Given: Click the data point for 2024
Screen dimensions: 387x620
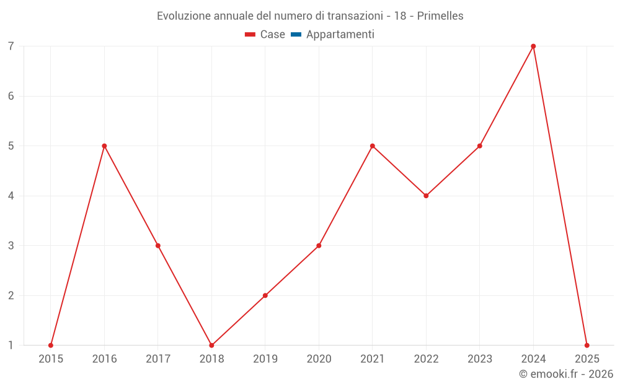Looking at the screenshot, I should [x=533, y=46].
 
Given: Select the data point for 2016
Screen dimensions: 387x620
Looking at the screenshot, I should [x=104, y=146].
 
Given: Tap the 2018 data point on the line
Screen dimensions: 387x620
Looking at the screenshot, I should [x=211, y=345].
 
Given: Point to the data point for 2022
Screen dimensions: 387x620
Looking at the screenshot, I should [x=426, y=196].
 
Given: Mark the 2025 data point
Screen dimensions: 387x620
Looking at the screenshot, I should [x=587, y=345].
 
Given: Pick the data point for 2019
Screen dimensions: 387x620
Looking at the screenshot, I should [x=265, y=295].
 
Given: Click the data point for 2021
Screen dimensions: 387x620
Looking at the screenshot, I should [x=373, y=146].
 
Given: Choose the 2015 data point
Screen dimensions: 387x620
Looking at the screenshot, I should [x=51, y=345].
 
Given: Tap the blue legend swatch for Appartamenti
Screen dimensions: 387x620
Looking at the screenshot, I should [x=296, y=35].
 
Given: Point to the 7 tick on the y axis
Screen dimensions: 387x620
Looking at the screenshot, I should [x=11, y=46].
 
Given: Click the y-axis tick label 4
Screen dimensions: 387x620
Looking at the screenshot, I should [x=11, y=196].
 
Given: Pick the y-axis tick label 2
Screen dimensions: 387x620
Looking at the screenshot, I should [x=11, y=295].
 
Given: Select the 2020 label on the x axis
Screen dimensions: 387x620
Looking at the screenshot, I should [x=319, y=359].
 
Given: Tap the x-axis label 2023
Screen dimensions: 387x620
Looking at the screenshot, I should [x=480, y=359].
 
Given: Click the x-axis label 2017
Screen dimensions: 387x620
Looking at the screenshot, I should [x=158, y=359].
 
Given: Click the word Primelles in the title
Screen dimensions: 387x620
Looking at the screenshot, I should [x=440, y=16].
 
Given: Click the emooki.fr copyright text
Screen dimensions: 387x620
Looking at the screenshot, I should [x=566, y=374].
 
